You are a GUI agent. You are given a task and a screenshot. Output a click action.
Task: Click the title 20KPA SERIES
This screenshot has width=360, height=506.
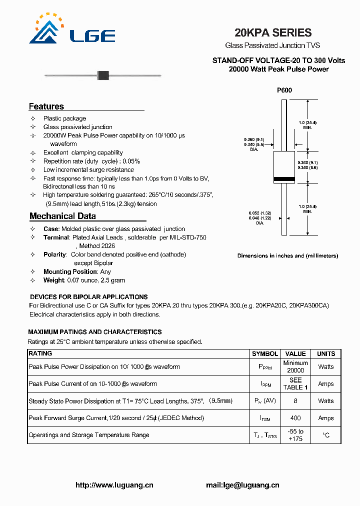tap(273, 33)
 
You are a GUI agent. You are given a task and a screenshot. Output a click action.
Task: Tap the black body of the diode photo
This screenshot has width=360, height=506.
tap(103, 75)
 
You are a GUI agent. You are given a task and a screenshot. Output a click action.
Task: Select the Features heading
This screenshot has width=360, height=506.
tap(46, 106)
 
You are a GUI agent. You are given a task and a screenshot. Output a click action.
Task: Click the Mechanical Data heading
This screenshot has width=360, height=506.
tap(62, 216)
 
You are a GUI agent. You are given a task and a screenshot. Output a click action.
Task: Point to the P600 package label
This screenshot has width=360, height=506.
tap(284, 90)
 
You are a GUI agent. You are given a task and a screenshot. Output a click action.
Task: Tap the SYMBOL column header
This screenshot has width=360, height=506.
tap(265, 353)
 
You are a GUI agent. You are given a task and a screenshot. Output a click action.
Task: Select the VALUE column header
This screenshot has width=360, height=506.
tap(295, 353)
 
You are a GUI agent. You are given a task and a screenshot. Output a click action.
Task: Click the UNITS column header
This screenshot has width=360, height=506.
tap(326, 353)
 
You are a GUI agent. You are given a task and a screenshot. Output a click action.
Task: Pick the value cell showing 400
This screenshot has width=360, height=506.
tap(295, 418)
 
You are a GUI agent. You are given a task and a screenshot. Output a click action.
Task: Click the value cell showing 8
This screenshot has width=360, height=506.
tap(295, 401)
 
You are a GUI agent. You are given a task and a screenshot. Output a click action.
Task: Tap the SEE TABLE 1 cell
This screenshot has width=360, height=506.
tap(295, 384)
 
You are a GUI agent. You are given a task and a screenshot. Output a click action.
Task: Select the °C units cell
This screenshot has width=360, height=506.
tap(326, 435)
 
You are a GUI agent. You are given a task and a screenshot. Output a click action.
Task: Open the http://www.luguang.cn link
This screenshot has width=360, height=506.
tap(114, 485)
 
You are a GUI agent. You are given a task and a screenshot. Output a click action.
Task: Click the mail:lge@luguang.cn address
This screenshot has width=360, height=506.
tap(242, 485)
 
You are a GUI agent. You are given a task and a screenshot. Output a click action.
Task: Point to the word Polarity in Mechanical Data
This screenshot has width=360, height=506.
tap(55, 254)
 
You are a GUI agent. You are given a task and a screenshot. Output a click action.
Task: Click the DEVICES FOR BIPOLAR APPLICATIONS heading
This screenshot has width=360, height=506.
tap(89, 297)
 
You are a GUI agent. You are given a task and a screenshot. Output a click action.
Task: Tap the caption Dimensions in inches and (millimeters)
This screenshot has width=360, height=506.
tap(287, 256)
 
